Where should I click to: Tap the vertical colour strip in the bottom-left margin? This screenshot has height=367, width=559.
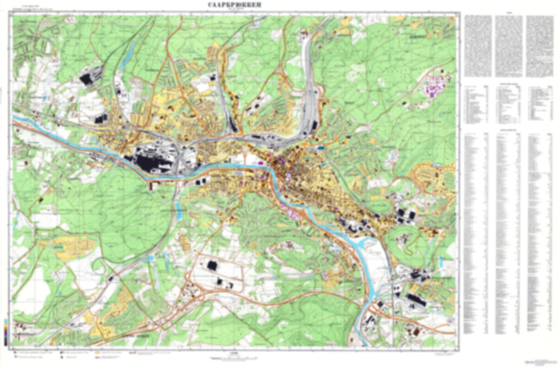point(5,332)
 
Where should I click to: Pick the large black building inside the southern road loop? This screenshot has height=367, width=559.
point(212,265)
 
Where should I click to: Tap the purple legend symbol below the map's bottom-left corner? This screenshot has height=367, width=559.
point(15,353)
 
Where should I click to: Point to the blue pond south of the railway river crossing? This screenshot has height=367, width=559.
point(178,209)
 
